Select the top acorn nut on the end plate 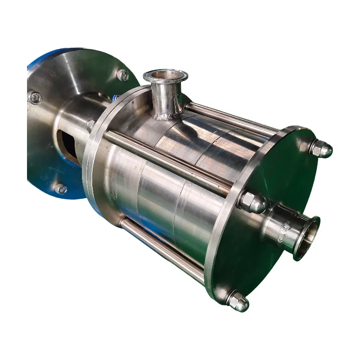click(x=321, y=149)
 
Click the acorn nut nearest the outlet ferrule click(x=252, y=203)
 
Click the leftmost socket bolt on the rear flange click(x=34, y=98)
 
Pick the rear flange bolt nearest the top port click(x=122, y=75)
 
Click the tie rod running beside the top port click(x=229, y=118)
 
